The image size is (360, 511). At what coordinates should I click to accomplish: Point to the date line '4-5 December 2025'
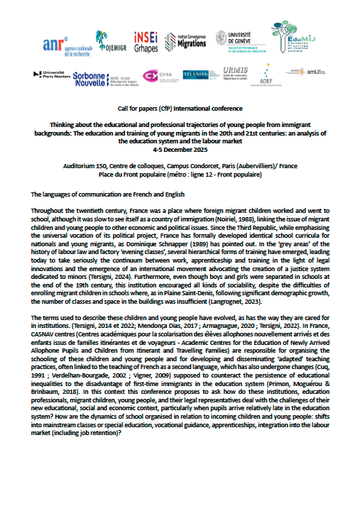pos(180,150)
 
